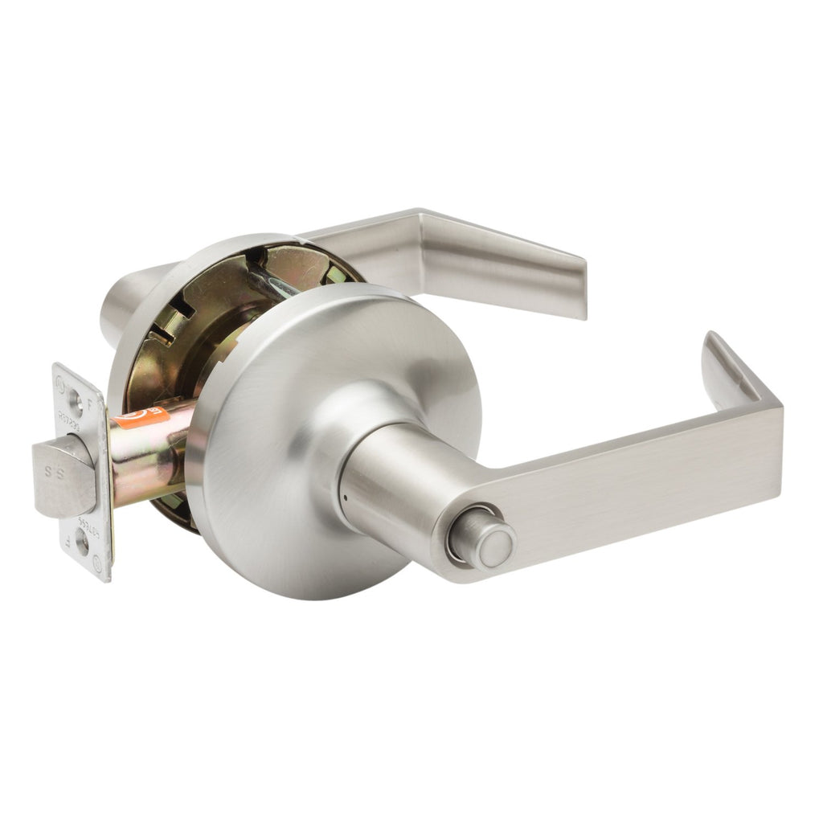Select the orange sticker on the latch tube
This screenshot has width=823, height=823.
[x=141, y=416]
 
